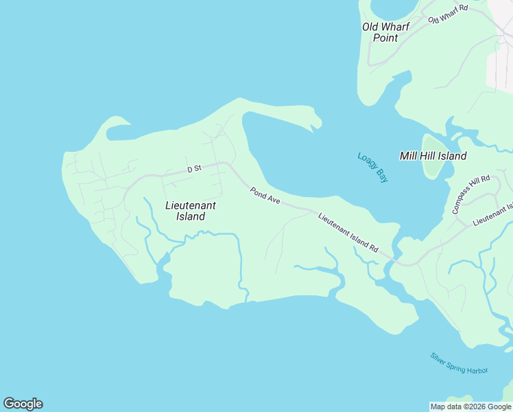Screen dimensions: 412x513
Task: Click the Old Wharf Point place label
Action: pyautogui.click(x=385, y=32)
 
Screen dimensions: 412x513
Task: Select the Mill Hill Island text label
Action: pyautogui.click(x=433, y=156)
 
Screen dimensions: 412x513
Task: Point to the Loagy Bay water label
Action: pyautogui.click(x=372, y=167)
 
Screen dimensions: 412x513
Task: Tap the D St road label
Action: pyautogui.click(x=194, y=168)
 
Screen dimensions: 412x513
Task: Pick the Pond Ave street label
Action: pyautogui.click(x=265, y=196)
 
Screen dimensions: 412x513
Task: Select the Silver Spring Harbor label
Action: pyautogui.click(x=459, y=363)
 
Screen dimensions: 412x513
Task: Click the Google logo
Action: pyautogui.click(x=23, y=404)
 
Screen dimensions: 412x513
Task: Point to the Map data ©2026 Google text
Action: pyautogui.click(x=470, y=407)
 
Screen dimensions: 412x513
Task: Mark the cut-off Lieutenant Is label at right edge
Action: pyautogui.click(x=492, y=216)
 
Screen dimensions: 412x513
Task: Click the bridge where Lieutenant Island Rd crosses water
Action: pyautogui.click(x=396, y=258)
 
